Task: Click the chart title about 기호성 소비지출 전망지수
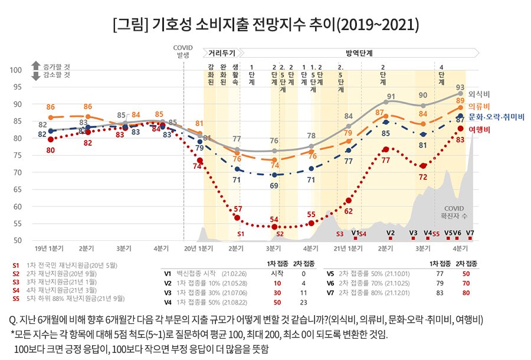pyautogui.click(x=265, y=24)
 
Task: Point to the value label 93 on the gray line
pyautogui.click(x=460, y=87)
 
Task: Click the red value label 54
pyautogui.click(x=274, y=220)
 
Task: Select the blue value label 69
pyautogui.click(x=274, y=185)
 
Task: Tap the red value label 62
pyautogui.click(x=349, y=211)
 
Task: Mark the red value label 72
pyautogui.click(x=423, y=176)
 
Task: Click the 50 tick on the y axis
pyautogui.click(x=18, y=241)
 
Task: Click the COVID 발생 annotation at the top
pyautogui.click(x=183, y=51)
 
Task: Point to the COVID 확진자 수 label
pyautogui.click(x=454, y=212)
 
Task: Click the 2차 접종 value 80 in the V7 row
pyautogui.click(x=466, y=292)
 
